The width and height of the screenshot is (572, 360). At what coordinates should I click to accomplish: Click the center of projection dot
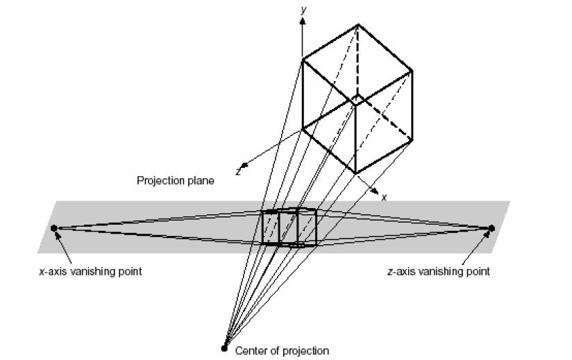point(224,348)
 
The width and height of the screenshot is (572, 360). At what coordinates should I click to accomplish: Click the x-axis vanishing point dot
point(54,228)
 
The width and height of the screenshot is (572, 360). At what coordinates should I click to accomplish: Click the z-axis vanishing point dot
point(491,228)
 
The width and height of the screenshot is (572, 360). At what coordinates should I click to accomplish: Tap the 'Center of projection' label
point(282,351)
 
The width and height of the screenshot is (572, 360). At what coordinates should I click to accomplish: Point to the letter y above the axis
point(303,10)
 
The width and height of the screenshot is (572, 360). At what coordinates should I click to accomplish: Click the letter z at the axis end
point(238,171)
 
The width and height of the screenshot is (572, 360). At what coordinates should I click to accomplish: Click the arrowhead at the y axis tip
point(302,22)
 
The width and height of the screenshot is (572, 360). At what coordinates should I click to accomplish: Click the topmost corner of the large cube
point(358,24)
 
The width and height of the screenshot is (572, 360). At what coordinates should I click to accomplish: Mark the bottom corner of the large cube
point(355,173)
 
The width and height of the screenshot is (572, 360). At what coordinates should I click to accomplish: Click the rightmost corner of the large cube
point(412,70)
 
